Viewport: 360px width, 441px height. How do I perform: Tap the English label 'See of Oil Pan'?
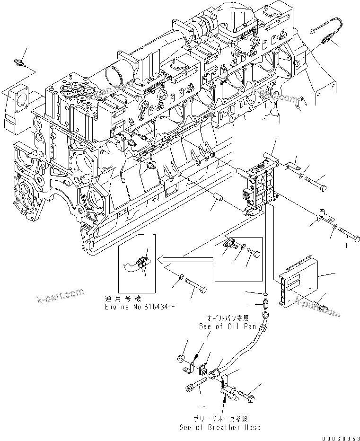[227, 326]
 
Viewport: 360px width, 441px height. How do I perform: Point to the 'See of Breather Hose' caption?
[220, 427]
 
